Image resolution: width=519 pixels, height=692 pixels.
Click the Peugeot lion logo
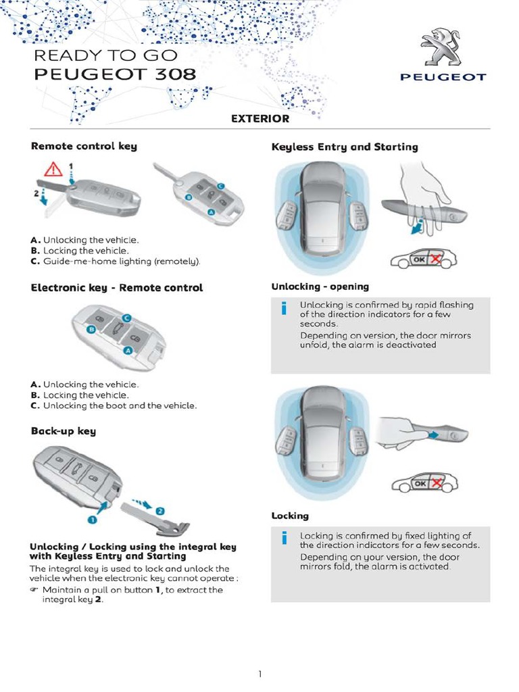[443, 47]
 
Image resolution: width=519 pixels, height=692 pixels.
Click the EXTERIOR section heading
[260, 119]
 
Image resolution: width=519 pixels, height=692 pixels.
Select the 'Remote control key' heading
[84, 146]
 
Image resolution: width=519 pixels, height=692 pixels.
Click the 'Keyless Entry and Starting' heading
[345, 147]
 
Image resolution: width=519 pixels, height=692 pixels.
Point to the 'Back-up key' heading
[64, 430]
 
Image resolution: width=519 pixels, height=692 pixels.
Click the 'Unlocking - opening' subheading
[320, 287]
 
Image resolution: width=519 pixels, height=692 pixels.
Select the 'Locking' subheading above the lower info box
[290, 516]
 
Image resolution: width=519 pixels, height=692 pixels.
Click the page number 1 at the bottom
[259, 674]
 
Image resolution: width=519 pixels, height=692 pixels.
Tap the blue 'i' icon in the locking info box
[285, 539]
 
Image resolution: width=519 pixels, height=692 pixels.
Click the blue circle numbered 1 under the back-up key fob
[95, 519]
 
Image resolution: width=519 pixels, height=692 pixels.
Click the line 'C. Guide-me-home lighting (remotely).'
[116, 261]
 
